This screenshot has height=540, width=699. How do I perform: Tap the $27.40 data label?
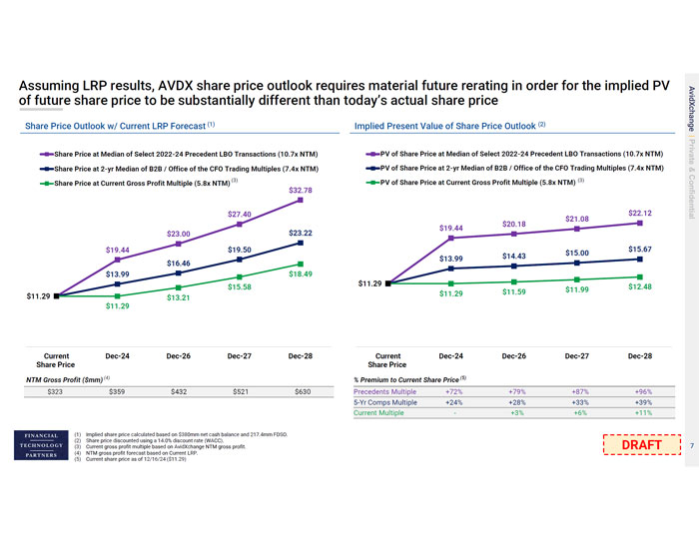tap(240, 215)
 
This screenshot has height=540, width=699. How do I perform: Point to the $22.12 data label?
tap(640, 213)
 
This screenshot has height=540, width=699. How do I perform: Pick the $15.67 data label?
tap(640, 248)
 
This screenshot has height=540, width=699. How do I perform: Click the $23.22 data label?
tap(302, 233)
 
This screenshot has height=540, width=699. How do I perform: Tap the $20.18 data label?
tap(514, 224)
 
